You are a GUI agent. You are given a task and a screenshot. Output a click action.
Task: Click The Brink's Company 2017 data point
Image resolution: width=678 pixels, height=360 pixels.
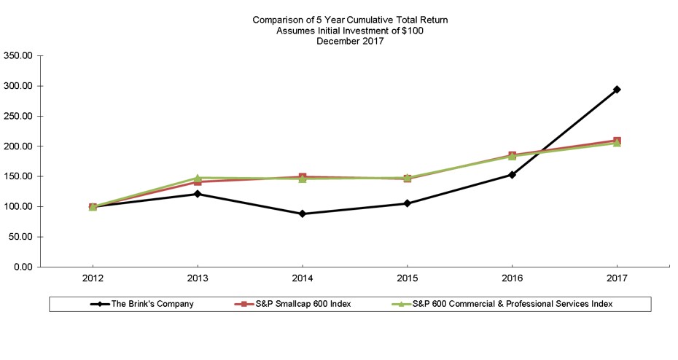[617, 90]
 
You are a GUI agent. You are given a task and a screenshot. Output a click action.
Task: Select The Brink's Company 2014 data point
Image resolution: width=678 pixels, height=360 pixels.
[303, 214]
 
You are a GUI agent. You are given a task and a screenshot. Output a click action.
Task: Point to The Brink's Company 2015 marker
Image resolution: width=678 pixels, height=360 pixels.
[408, 203]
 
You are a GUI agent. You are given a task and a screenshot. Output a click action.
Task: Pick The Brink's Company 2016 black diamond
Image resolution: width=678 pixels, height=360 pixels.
[513, 175]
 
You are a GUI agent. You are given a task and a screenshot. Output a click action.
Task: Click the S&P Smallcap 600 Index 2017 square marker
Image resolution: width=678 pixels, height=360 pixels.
[617, 140]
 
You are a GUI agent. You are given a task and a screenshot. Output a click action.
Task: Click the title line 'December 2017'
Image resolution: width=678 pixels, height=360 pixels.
[350, 41]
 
